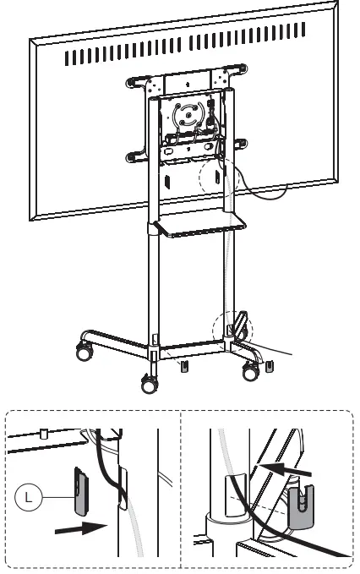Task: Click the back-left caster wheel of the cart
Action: point(85,353)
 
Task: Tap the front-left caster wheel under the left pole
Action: point(150,384)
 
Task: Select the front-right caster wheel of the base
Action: point(251,369)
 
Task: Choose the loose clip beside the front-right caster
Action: point(269,364)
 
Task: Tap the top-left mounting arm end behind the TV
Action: point(133,82)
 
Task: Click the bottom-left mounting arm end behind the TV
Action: point(134,156)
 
